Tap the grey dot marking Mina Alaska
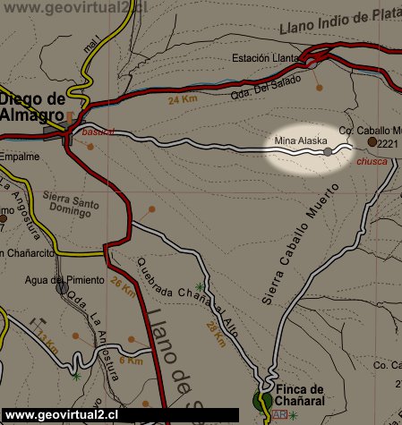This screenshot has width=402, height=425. pyautogui.click(x=328, y=153)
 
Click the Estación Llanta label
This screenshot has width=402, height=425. pyautogui.click(x=264, y=58)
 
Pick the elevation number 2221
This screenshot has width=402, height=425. pyautogui.click(x=387, y=143)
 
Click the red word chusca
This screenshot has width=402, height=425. pyautogui.click(x=372, y=162)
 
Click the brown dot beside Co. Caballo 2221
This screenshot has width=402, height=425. pyautogui.click(x=372, y=141)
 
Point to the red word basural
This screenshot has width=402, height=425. pyautogui.click(x=97, y=132)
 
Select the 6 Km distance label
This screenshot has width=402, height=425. pyautogui.click(x=131, y=361)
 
